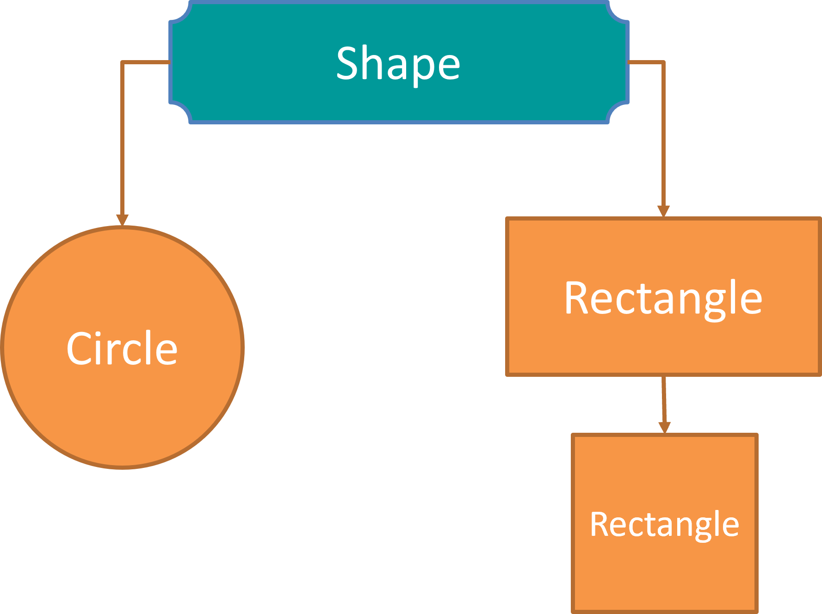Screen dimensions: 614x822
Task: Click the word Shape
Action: point(398,63)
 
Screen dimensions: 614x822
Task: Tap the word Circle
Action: point(122,348)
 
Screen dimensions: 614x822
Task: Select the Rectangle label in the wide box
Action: point(663,298)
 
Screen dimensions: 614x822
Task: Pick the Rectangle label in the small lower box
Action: point(664,524)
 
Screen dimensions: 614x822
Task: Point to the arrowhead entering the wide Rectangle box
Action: point(663,211)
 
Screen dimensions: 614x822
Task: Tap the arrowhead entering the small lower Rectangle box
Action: point(665,427)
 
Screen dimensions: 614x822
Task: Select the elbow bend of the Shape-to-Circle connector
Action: point(122,62)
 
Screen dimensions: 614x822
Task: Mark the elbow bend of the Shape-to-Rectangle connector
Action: point(663,62)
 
